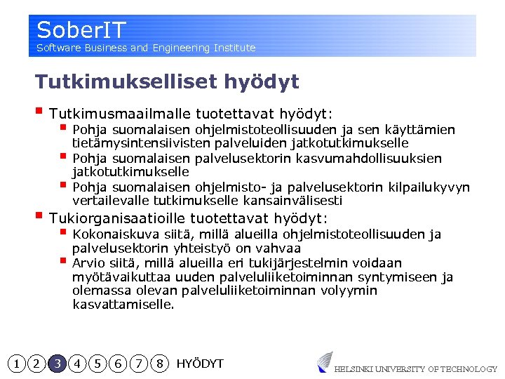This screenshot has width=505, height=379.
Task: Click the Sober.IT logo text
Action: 81,30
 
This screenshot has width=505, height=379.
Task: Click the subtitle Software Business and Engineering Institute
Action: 146,48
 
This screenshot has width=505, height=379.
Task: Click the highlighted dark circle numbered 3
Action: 58,364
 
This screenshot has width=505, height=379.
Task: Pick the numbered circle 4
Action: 78,364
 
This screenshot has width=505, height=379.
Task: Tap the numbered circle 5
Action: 99,364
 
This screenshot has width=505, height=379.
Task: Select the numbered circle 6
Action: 119,364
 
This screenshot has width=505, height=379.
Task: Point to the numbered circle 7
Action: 140,364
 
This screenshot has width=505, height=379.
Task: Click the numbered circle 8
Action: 161,364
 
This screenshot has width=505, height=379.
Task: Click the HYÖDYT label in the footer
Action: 200,364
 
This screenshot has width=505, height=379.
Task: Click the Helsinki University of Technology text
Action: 415,369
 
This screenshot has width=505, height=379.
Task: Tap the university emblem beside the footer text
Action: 324,361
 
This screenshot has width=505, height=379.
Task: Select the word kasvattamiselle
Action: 123,305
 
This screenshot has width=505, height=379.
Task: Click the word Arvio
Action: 88,263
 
